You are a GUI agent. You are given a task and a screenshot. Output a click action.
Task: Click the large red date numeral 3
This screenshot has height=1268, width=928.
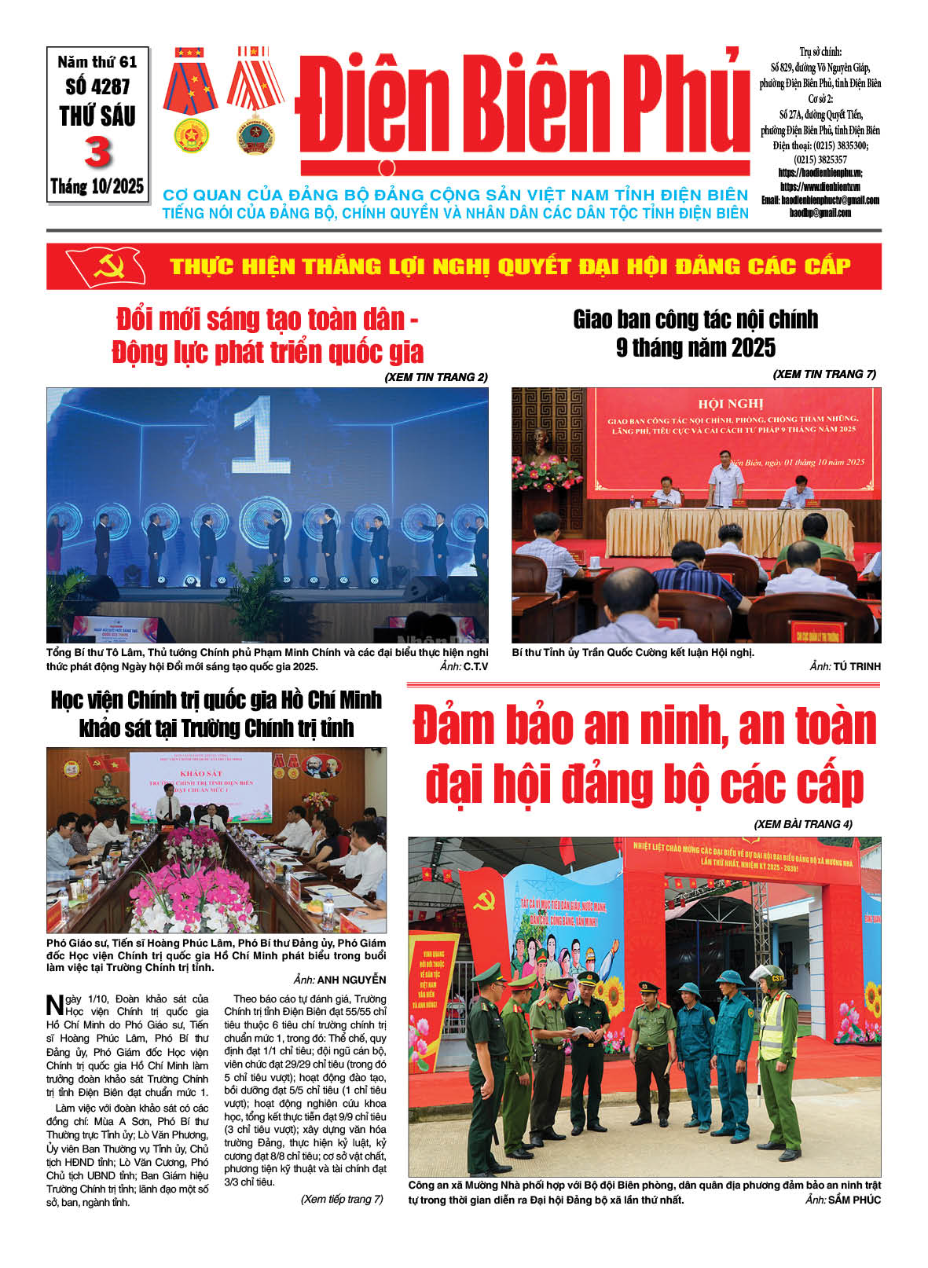click(x=97, y=152)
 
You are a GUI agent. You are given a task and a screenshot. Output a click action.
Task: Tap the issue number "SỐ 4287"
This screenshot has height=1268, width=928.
click(x=97, y=86)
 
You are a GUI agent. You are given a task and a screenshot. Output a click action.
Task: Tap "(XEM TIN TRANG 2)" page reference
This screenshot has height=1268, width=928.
click(x=435, y=377)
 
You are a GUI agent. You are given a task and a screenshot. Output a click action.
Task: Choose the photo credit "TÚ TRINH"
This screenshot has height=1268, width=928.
click(x=857, y=666)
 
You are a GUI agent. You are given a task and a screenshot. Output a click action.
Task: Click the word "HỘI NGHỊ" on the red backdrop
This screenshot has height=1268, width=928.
click(x=731, y=404)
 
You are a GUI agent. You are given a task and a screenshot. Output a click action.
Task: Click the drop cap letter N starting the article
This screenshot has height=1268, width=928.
click(x=54, y=1005)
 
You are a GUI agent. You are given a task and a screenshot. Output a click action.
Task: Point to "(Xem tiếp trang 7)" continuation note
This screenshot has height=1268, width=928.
click(x=342, y=1199)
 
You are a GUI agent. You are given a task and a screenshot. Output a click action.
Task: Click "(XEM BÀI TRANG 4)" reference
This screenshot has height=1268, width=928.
click(x=803, y=824)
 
